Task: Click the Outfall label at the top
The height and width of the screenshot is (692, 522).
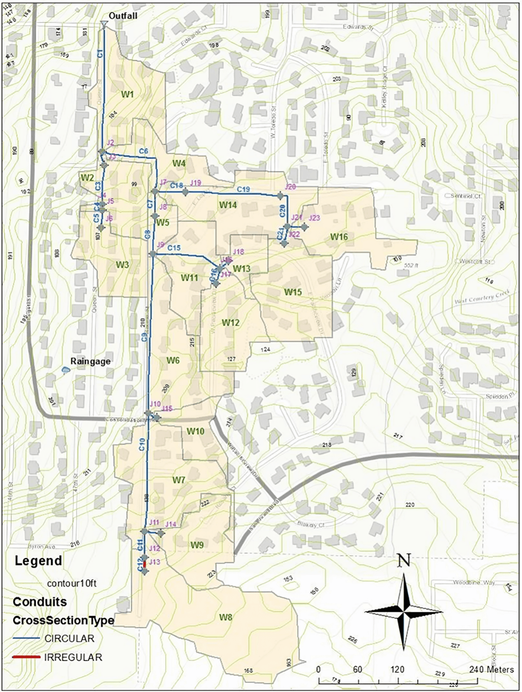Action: click(123, 16)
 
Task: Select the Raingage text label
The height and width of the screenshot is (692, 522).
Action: click(90, 361)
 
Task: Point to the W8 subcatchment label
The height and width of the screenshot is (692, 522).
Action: click(226, 617)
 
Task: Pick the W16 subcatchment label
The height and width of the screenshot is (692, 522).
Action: click(339, 236)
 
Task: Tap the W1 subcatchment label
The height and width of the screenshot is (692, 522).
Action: click(127, 94)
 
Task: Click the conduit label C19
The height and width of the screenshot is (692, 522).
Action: click(243, 189)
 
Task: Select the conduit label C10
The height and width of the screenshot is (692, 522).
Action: click(142, 444)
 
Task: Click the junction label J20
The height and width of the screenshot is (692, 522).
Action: click(290, 187)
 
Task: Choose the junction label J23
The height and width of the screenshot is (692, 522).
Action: click(314, 218)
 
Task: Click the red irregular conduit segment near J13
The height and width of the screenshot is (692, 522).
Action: click(145, 564)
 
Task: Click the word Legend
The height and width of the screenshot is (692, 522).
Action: click(38, 561)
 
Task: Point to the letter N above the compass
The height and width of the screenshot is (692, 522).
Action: click(404, 561)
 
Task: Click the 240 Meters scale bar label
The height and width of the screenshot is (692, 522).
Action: click(491, 670)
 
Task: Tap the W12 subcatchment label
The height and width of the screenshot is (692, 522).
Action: click(231, 323)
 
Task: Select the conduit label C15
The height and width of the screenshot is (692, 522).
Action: click(174, 248)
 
